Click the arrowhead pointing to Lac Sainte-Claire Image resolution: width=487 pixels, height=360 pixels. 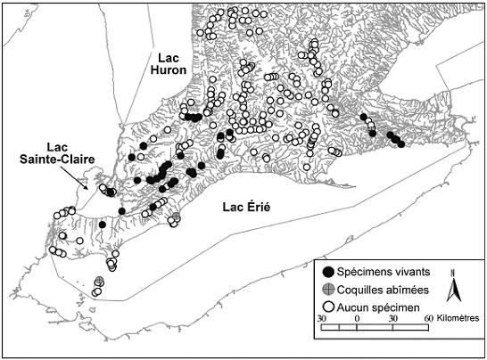pyautogui.click(x=86, y=187)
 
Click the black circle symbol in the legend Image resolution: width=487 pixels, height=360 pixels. pyautogui.click(x=328, y=272)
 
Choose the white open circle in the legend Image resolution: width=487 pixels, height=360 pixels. pyautogui.click(x=328, y=305)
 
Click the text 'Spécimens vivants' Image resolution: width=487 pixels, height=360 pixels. pyautogui.click(x=382, y=272)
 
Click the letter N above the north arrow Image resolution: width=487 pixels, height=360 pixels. pyautogui.click(x=454, y=273)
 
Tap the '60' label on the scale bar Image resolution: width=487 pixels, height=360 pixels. pyautogui.click(x=429, y=318)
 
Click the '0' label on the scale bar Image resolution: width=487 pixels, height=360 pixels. pyautogui.click(x=357, y=318)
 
